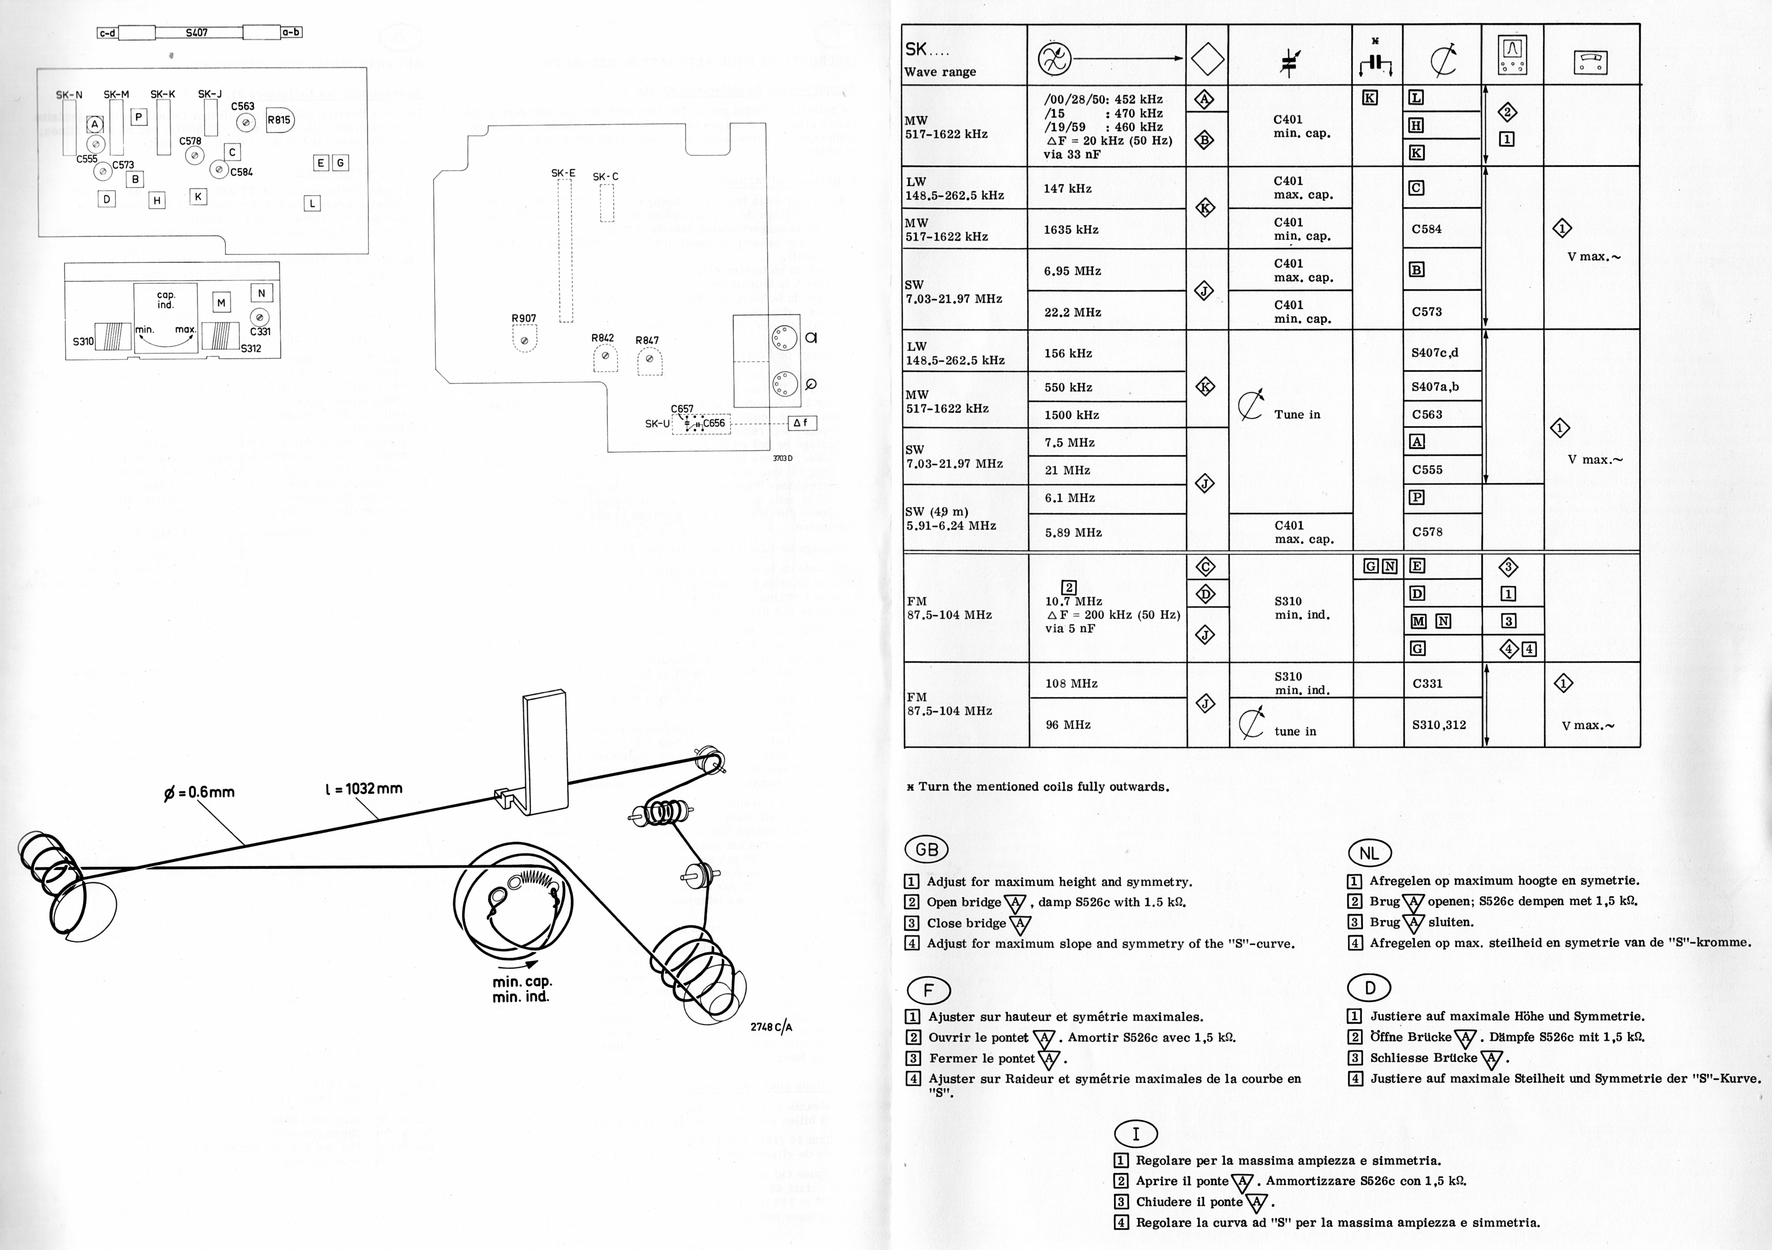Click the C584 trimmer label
point(241,172)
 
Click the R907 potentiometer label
point(523,318)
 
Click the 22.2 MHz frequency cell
point(1072,312)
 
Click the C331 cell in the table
point(1427,683)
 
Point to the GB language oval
point(926,850)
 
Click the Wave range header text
point(940,72)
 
